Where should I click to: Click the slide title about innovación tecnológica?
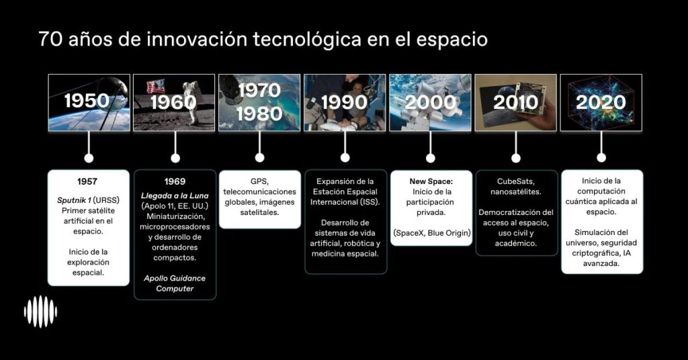tap(263, 39)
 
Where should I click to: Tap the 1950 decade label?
tap(87, 101)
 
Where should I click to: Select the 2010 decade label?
tap(515, 102)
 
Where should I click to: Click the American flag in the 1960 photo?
tap(156, 87)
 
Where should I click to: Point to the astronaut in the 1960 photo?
tap(191, 101)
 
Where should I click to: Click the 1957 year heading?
tap(87, 181)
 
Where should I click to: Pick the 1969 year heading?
tap(175, 181)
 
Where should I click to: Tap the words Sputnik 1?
tap(74, 200)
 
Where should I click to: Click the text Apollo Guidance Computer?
tap(175, 283)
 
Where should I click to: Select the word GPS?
tap(259, 181)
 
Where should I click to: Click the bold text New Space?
tap(431, 181)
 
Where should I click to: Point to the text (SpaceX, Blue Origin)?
tap(432, 233)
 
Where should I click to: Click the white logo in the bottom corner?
tap(40, 312)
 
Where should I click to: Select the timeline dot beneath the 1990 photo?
tap(345, 157)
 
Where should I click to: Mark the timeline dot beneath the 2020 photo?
tap(601, 157)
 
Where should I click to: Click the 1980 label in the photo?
tap(259, 114)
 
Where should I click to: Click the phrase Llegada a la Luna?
tap(175, 195)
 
